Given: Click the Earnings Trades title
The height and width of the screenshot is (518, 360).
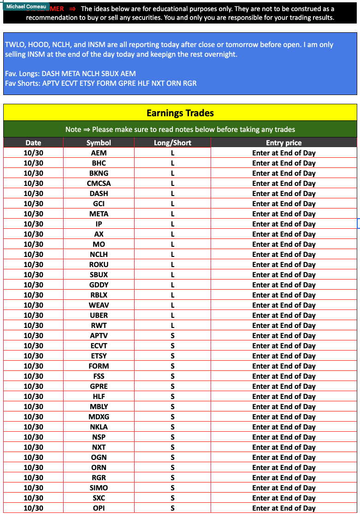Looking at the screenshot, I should (x=180, y=113).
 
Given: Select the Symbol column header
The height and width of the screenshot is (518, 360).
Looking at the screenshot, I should (x=99, y=143).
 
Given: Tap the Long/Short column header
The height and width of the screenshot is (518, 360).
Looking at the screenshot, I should (x=172, y=143).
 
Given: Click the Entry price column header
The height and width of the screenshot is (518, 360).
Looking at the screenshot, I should (x=283, y=143).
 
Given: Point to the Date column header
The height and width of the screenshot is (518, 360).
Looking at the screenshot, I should (x=33, y=143).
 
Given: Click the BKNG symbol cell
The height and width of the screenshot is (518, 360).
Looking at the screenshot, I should (x=99, y=173).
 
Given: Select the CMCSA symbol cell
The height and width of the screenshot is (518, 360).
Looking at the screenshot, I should (x=99, y=183).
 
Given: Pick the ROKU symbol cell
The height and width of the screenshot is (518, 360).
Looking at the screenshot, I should (x=99, y=264).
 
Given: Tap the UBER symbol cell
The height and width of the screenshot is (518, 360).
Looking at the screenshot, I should (x=99, y=315).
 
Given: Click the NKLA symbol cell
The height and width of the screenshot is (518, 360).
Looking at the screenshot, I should (x=99, y=427).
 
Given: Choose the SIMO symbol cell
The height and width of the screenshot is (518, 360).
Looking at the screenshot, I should (x=99, y=488).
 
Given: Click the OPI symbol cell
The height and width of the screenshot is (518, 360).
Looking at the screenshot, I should (x=99, y=508).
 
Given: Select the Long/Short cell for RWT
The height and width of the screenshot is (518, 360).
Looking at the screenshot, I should (x=172, y=325).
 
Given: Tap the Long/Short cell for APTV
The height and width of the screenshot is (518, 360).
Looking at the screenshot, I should (x=172, y=335).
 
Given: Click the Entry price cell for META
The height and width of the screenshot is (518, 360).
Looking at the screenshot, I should (x=283, y=214).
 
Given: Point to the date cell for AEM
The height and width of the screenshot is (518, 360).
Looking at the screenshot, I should (x=33, y=153).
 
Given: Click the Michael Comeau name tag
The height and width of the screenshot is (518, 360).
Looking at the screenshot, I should (x=26, y=6).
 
